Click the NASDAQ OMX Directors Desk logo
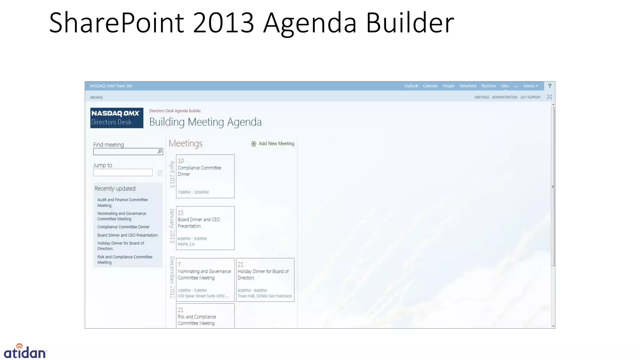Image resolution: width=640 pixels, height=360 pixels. (x=117, y=118)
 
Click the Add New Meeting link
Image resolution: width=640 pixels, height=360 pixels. (x=273, y=144)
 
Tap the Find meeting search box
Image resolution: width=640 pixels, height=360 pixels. (x=125, y=152)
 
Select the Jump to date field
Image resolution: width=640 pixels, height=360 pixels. (x=123, y=173)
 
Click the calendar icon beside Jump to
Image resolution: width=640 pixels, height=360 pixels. (x=160, y=173)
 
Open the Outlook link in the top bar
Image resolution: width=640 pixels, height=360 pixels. (x=411, y=86)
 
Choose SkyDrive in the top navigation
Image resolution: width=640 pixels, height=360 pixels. (x=488, y=86)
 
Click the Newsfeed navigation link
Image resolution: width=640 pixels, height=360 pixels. (x=467, y=86)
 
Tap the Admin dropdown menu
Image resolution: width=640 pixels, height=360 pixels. (x=530, y=86)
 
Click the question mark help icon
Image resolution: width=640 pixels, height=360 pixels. (x=549, y=86)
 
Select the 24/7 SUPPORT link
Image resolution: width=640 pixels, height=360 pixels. (x=530, y=97)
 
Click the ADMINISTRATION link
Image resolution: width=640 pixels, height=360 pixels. (x=504, y=97)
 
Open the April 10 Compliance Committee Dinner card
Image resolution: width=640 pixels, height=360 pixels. (x=205, y=176)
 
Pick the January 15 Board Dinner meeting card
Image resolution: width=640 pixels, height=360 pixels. (x=205, y=228)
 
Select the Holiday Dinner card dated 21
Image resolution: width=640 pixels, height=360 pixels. (x=265, y=280)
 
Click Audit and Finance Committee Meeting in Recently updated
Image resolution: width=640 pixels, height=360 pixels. (x=122, y=202)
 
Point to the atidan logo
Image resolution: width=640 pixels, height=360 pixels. (x=25, y=352)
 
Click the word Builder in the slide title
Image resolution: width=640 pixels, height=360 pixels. (x=410, y=22)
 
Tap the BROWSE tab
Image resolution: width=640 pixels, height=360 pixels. (x=96, y=97)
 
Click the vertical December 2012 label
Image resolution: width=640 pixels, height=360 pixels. (x=172, y=277)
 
